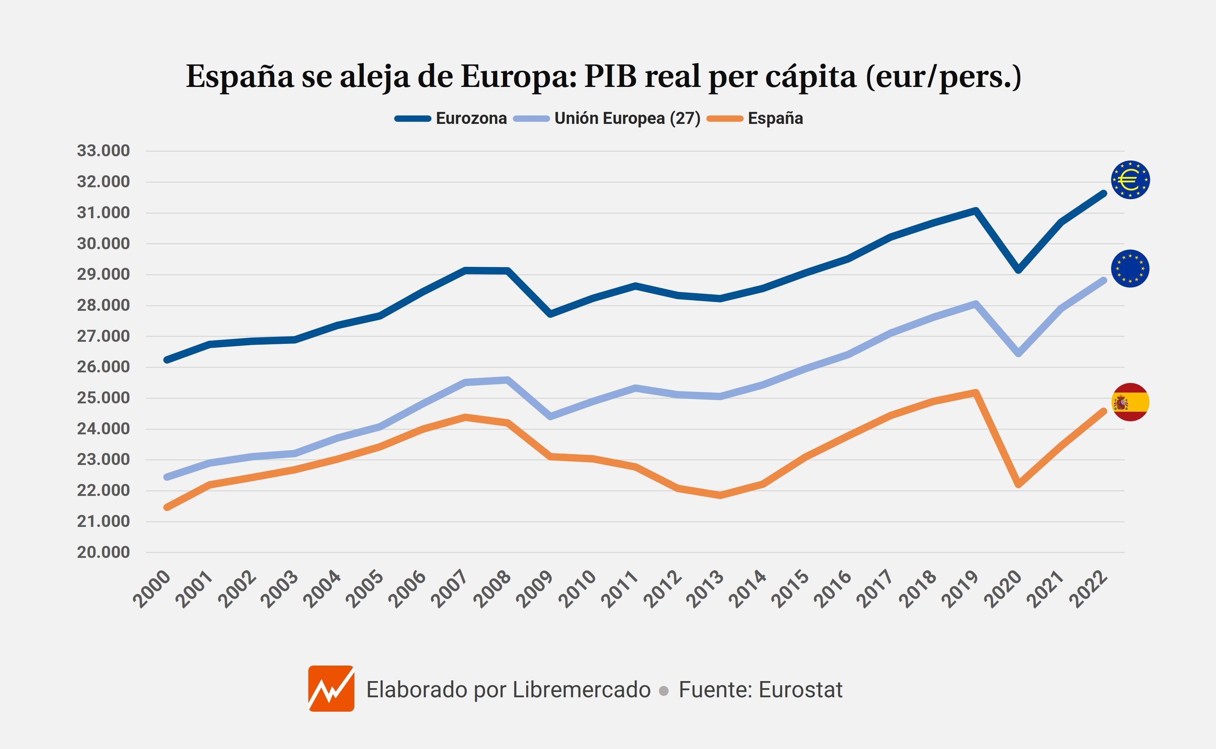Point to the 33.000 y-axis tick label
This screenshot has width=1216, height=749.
point(103,151)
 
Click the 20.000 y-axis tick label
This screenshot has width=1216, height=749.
point(103,552)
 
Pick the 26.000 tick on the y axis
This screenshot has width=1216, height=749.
point(103,367)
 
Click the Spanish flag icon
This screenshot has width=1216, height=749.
point(1130,402)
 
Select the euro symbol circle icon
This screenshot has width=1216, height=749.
point(1130,180)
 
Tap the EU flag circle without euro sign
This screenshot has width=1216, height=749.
point(1130,269)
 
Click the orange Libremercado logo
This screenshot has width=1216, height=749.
point(331,689)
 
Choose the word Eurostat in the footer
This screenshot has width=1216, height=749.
point(800,690)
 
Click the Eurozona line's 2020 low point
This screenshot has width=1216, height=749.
point(1018,270)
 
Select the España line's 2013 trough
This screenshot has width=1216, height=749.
point(720,495)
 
